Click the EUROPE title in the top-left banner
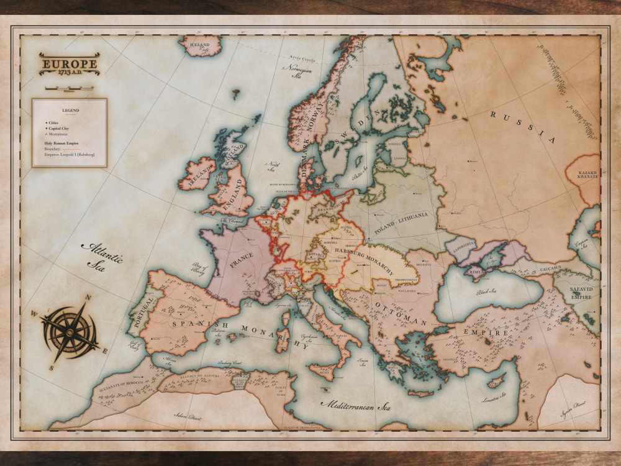[x=69, y=63]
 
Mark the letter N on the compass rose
[x=89, y=298]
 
